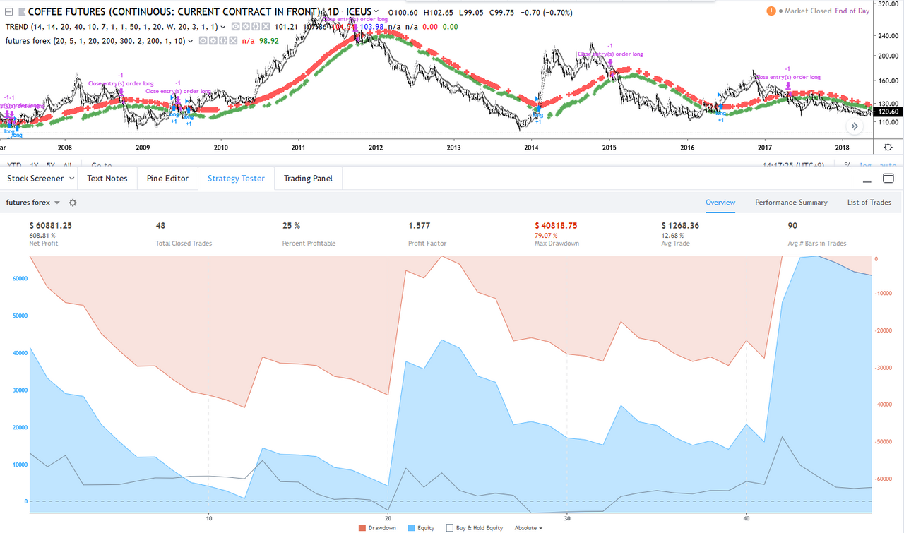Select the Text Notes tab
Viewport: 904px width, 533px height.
(x=107, y=179)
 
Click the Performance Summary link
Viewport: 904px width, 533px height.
(x=791, y=203)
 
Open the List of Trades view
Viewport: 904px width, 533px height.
(x=869, y=203)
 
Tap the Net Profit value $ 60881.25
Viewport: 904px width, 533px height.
(x=51, y=226)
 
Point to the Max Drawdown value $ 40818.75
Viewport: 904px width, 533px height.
(x=556, y=226)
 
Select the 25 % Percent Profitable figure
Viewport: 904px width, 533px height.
(x=291, y=226)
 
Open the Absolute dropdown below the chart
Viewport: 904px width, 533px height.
(x=528, y=527)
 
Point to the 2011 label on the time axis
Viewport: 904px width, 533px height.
(x=298, y=148)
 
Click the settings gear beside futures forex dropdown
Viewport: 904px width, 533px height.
(x=72, y=203)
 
